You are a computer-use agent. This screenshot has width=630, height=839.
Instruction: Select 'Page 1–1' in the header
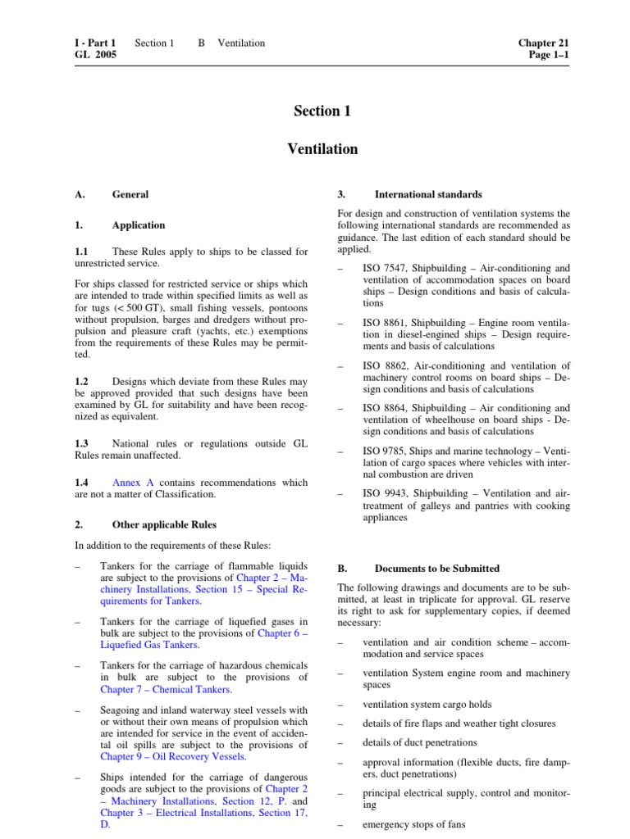[x=549, y=55]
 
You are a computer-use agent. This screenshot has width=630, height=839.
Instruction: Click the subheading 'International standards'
[x=428, y=194]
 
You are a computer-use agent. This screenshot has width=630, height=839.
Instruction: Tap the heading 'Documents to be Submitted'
[x=436, y=568]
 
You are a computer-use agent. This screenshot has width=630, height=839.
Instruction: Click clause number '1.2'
[x=81, y=382]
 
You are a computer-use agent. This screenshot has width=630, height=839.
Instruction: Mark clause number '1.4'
[x=81, y=483]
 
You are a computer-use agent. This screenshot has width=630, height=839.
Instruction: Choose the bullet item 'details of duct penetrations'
[x=419, y=742]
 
